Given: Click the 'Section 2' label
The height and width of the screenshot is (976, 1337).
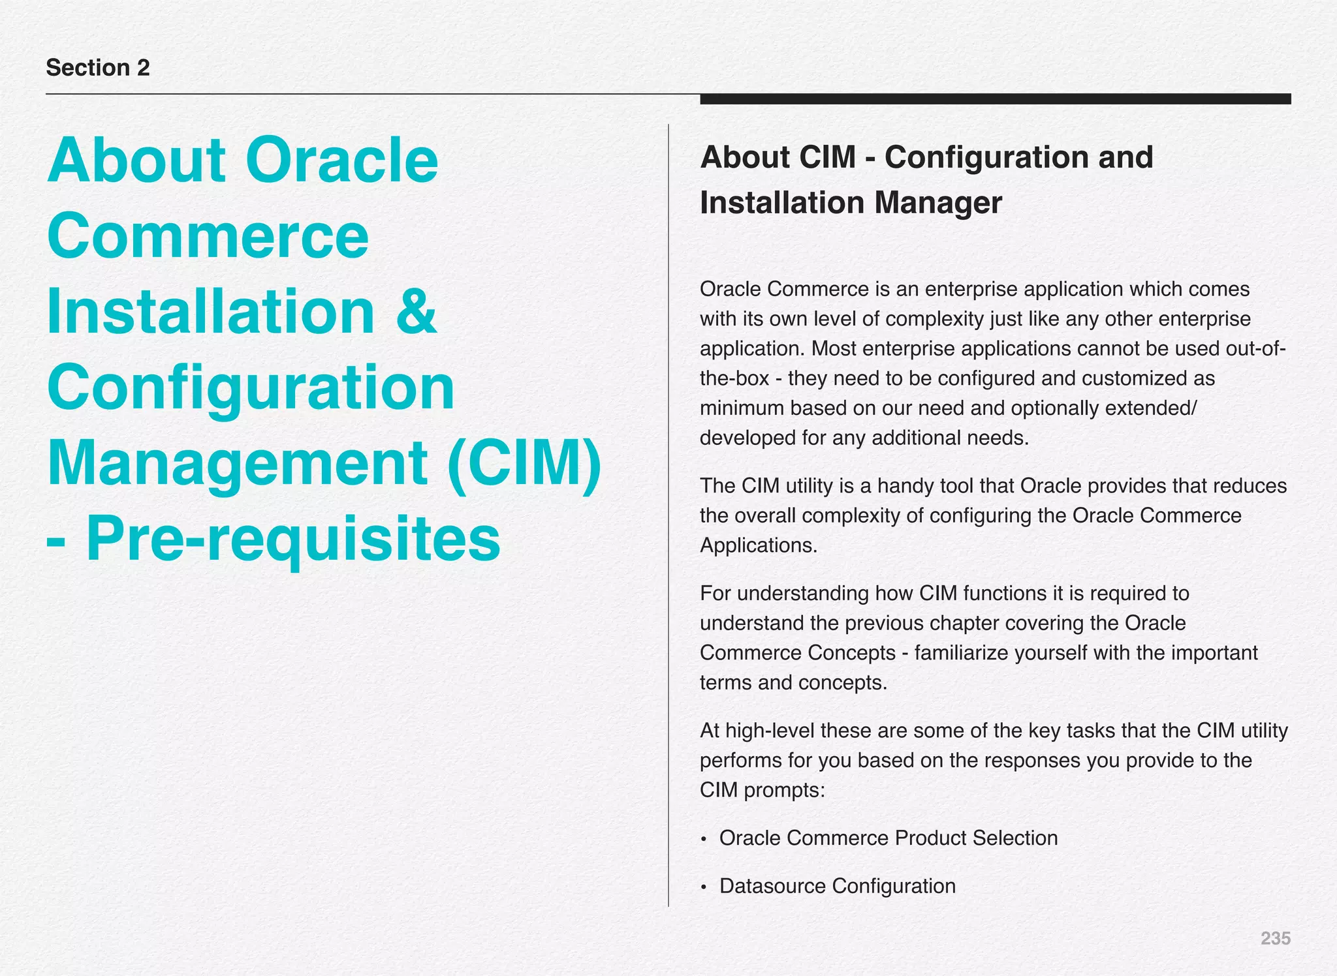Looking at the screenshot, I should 98,68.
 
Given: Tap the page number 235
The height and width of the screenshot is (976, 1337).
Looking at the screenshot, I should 1275,938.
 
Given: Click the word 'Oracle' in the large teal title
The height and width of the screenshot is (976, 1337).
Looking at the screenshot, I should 341,160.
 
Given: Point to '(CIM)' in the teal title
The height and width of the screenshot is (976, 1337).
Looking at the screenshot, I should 524,463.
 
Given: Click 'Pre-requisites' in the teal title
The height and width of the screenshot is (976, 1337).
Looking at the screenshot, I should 293,539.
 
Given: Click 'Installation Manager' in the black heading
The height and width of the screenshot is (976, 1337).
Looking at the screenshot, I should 851,203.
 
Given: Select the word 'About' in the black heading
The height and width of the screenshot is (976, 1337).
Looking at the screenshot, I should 742,157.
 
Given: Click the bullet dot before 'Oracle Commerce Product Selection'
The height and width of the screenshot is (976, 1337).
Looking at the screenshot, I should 703,840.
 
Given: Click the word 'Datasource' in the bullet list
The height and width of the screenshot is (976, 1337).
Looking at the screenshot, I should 772,886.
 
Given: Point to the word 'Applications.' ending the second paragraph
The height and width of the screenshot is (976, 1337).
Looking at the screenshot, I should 759,545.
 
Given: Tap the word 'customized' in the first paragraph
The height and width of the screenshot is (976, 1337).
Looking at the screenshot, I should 1135,378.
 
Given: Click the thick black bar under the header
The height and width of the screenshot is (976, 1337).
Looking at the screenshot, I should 995,99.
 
